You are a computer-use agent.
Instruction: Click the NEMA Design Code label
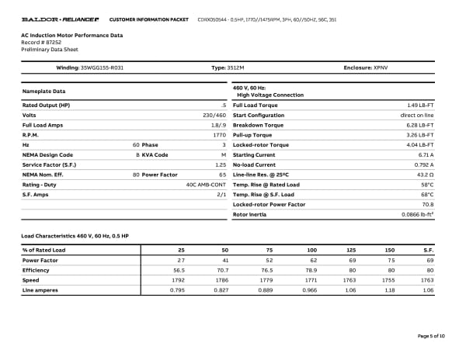coord(48,154)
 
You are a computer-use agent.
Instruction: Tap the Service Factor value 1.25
coord(220,164)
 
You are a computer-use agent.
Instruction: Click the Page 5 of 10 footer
coord(431,335)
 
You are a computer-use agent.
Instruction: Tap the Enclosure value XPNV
coord(381,68)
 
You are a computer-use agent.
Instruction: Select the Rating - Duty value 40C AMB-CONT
coord(206,185)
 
